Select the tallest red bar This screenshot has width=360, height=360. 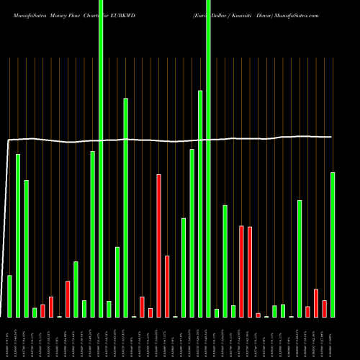159,245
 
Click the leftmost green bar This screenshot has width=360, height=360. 10,296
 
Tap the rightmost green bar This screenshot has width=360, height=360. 333,245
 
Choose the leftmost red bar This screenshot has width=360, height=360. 42,310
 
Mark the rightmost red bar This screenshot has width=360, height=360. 325,308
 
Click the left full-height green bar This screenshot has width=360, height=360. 101,158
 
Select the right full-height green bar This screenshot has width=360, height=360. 209,158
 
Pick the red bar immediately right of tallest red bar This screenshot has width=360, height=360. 167,286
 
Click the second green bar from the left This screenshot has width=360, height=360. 18,235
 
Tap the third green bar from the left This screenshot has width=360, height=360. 26,248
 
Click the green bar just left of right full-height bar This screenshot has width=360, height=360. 200,204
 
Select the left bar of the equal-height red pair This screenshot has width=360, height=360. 242,271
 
